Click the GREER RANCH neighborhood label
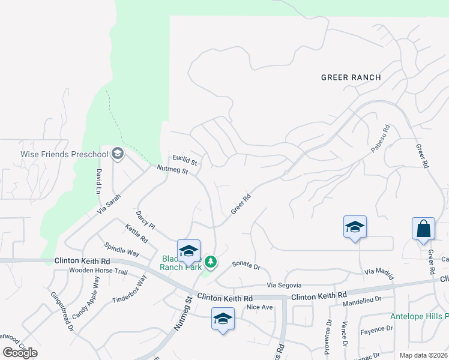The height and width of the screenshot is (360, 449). click(x=351, y=77)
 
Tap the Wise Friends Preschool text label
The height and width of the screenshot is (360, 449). click(x=64, y=154)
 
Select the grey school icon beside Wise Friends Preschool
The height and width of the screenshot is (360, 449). click(x=118, y=154)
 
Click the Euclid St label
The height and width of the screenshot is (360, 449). click(x=185, y=160)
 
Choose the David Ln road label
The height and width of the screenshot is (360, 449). click(x=99, y=181)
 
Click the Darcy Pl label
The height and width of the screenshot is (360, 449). click(x=145, y=220)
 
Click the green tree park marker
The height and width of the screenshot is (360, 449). click(x=210, y=262)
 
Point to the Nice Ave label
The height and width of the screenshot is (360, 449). click(x=260, y=307)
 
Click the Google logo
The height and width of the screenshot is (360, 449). click(x=20, y=353)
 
